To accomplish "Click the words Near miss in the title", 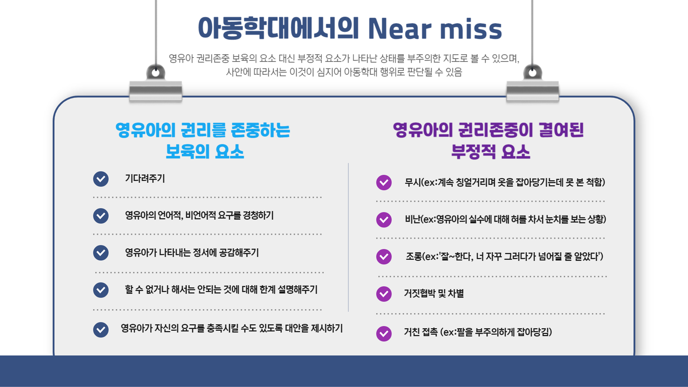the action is tap(435, 29).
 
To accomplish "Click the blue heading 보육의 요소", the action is tap(205, 152).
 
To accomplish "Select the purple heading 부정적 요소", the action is tap(491, 152).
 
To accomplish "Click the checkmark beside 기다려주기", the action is tap(101, 179).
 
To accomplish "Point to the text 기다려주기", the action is tap(145, 178).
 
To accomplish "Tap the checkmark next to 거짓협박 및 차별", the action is tap(384, 294).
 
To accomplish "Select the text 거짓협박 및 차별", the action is tap(434, 293).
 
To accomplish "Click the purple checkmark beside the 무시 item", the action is tap(384, 182).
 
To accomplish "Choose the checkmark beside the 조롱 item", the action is tap(384, 257).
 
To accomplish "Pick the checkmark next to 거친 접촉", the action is tap(384, 334).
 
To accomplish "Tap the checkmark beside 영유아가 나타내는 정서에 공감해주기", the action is tap(101, 253).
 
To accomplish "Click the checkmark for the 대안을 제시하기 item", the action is tap(101, 330).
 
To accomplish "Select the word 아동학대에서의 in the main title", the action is tap(278, 28).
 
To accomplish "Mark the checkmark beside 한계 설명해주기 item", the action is tap(101, 290).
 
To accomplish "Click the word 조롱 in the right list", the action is tap(414, 257).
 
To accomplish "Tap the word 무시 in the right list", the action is tap(412, 182).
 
